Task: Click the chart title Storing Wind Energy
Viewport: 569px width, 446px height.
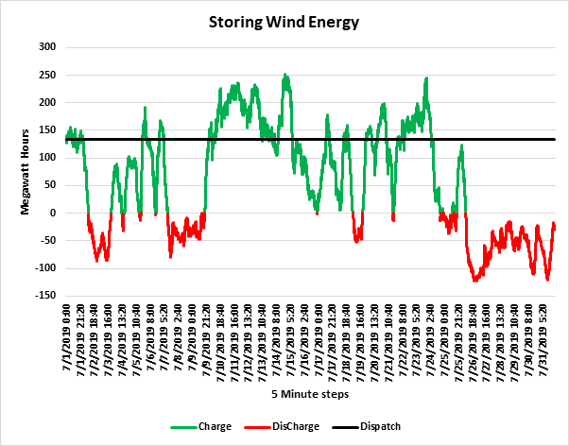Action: pyautogui.click(x=284, y=23)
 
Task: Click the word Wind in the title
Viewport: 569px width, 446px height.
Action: pyautogui.click(x=285, y=22)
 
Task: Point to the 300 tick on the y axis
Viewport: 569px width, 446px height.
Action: pyautogui.click(x=48, y=47)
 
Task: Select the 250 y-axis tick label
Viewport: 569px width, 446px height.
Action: pyautogui.click(x=48, y=75)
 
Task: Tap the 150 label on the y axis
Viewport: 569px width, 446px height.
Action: pyautogui.click(x=48, y=129)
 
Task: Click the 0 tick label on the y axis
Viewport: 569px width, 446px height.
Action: pyautogui.click(x=53, y=213)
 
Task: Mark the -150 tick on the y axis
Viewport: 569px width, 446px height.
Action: pyautogui.click(x=45, y=296)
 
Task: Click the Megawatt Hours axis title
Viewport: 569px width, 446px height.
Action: pyautogui.click(x=25, y=172)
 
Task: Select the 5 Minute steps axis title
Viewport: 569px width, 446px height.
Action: pyautogui.click(x=310, y=394)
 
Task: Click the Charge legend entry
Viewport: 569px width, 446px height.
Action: pyautogui.click(x=215, y=426)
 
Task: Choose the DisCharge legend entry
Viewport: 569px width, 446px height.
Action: pyautogui.click(x=296, y=426)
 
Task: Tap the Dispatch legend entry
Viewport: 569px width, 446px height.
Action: pyautogui.click(x=380, y=426)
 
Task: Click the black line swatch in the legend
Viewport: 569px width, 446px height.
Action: pyautogui.click(x=346, y=427)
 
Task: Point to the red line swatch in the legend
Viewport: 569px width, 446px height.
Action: pyautogui.click(x=258, y=427)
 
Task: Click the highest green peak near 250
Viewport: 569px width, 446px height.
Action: pyautogui.click(x=284, y=75)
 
